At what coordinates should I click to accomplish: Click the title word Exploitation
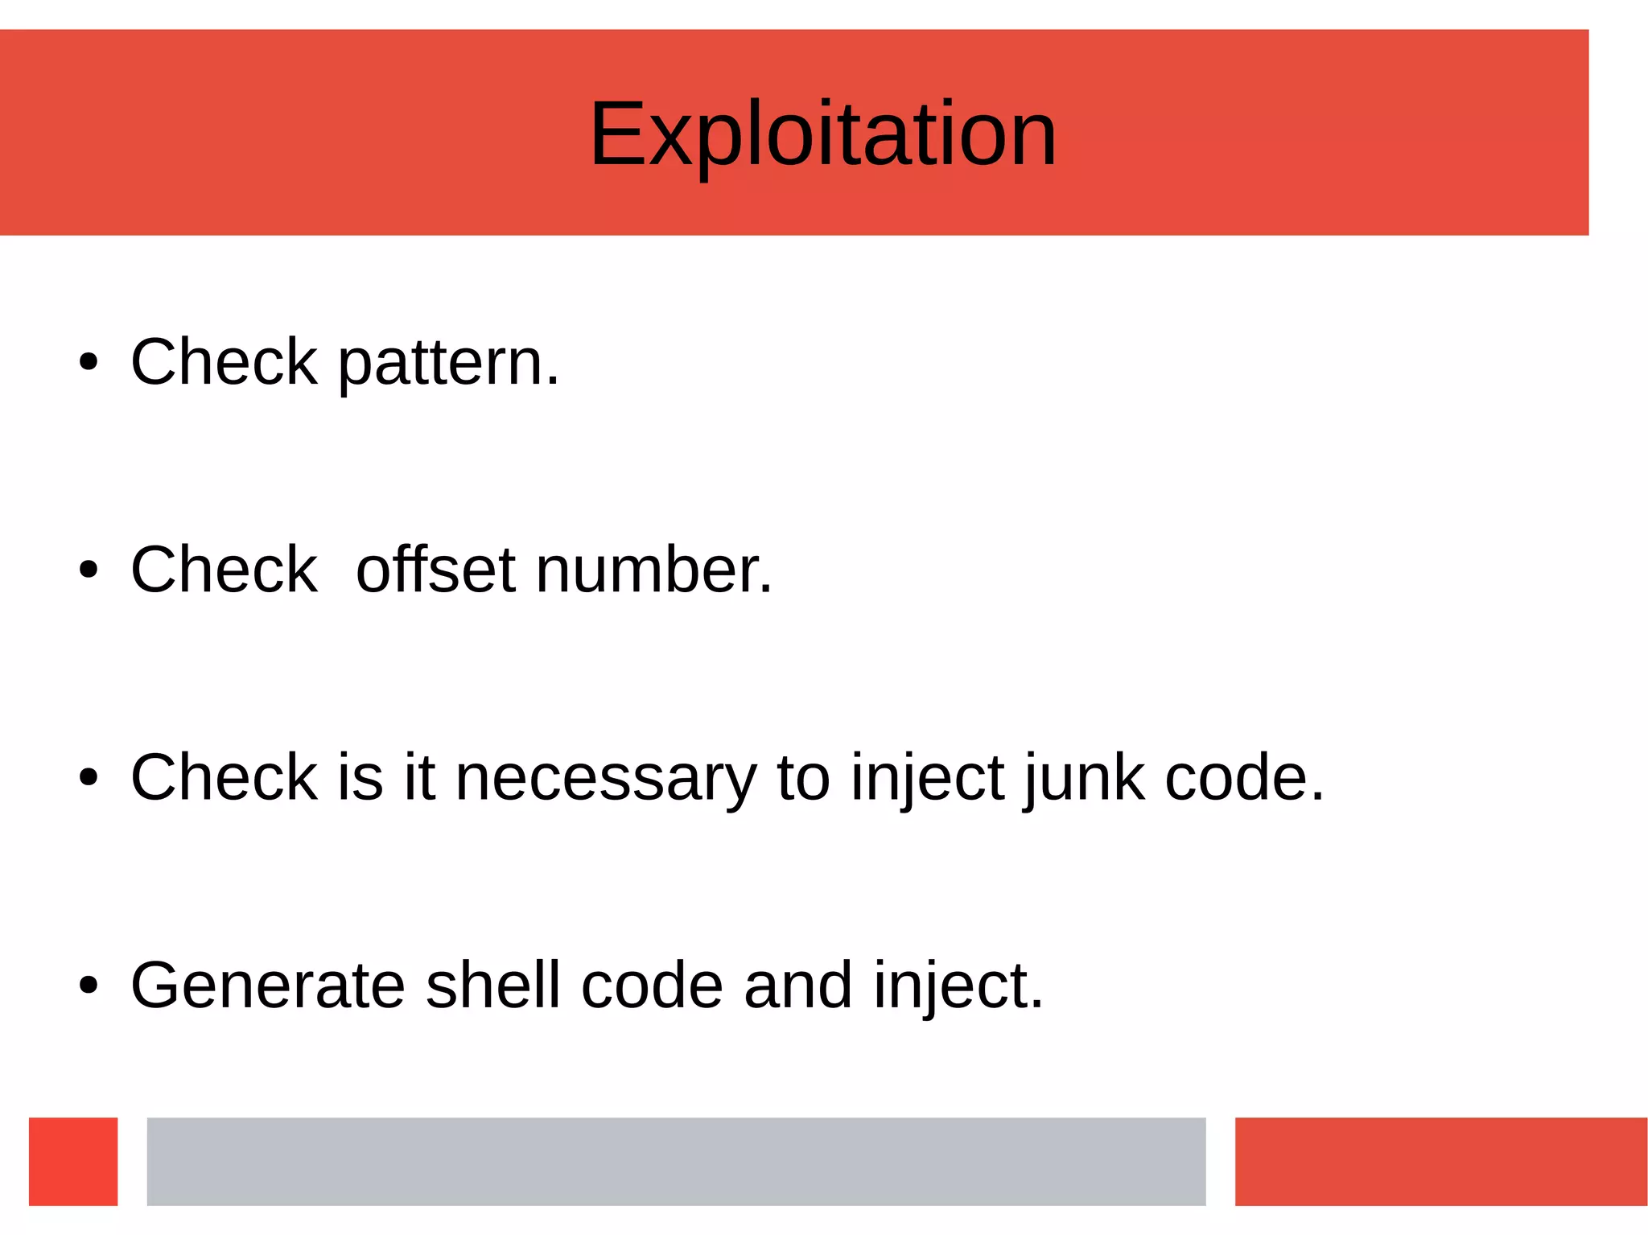[822, 134]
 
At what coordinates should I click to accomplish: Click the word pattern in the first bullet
[447, 364]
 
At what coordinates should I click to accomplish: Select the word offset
[435, 570]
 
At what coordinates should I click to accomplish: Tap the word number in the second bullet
[653, 570]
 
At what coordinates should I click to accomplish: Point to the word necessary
[606, 779]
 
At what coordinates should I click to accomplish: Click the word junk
[1085, 779]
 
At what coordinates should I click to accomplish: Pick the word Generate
[268, 986]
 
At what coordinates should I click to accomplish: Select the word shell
[492, 986]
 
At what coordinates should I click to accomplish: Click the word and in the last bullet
[797, 986]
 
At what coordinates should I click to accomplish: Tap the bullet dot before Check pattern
[89, 363]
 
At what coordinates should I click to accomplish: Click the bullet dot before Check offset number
[89, 570]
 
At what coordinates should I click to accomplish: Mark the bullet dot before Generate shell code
[89, 986]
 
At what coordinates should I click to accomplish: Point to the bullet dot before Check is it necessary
[89, 778]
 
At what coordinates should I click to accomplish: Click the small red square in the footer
[73, 1161]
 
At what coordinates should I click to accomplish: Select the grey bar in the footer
[676, 1161]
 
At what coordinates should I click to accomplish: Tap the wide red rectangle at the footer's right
[1440, 1161]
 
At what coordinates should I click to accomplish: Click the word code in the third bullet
[1243, 779]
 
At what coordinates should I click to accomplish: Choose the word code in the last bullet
[652, 986]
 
